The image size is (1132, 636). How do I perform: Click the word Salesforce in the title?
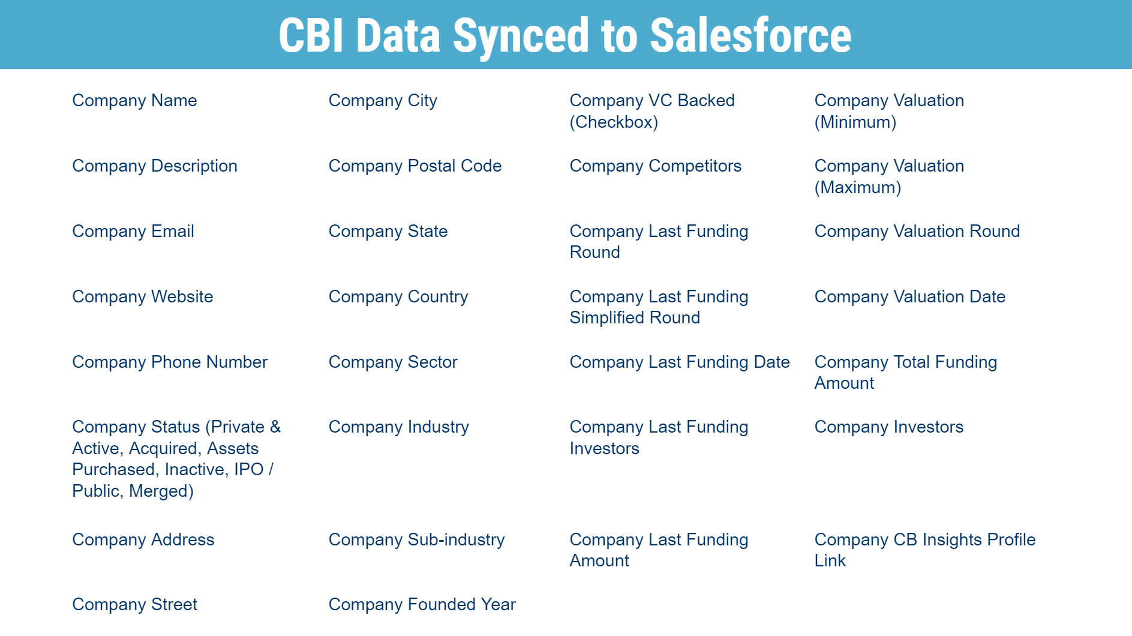tap(750, 35)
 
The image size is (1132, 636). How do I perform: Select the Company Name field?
tap(134, 101)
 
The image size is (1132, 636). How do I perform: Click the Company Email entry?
tap(133, 232)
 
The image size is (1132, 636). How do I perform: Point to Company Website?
tap(143, 297)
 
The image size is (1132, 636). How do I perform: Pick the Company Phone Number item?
tap(170, 362)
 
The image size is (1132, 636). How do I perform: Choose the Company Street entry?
tap(134, 605)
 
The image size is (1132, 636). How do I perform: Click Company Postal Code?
tap(415, 166)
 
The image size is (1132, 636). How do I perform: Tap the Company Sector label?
tap(393, 362)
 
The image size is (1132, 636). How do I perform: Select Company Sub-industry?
tap(417, 540)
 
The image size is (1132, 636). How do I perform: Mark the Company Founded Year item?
tap(422, 605)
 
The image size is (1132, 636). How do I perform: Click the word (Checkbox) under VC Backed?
tap(614, 122)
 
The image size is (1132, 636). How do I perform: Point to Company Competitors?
tap(656, 166)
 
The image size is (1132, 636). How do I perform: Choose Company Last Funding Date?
tap(680, 362)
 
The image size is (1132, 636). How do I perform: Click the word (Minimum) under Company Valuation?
tap(855, 122)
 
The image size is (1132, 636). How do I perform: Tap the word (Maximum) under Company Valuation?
tap(858, 188)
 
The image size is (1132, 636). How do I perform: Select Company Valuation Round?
tap(917, 232)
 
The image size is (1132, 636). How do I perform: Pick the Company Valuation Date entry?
tap(910, 297)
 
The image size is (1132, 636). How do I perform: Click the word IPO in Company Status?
tap(249, 469)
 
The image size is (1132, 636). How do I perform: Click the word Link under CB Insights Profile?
tap(830, 561)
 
